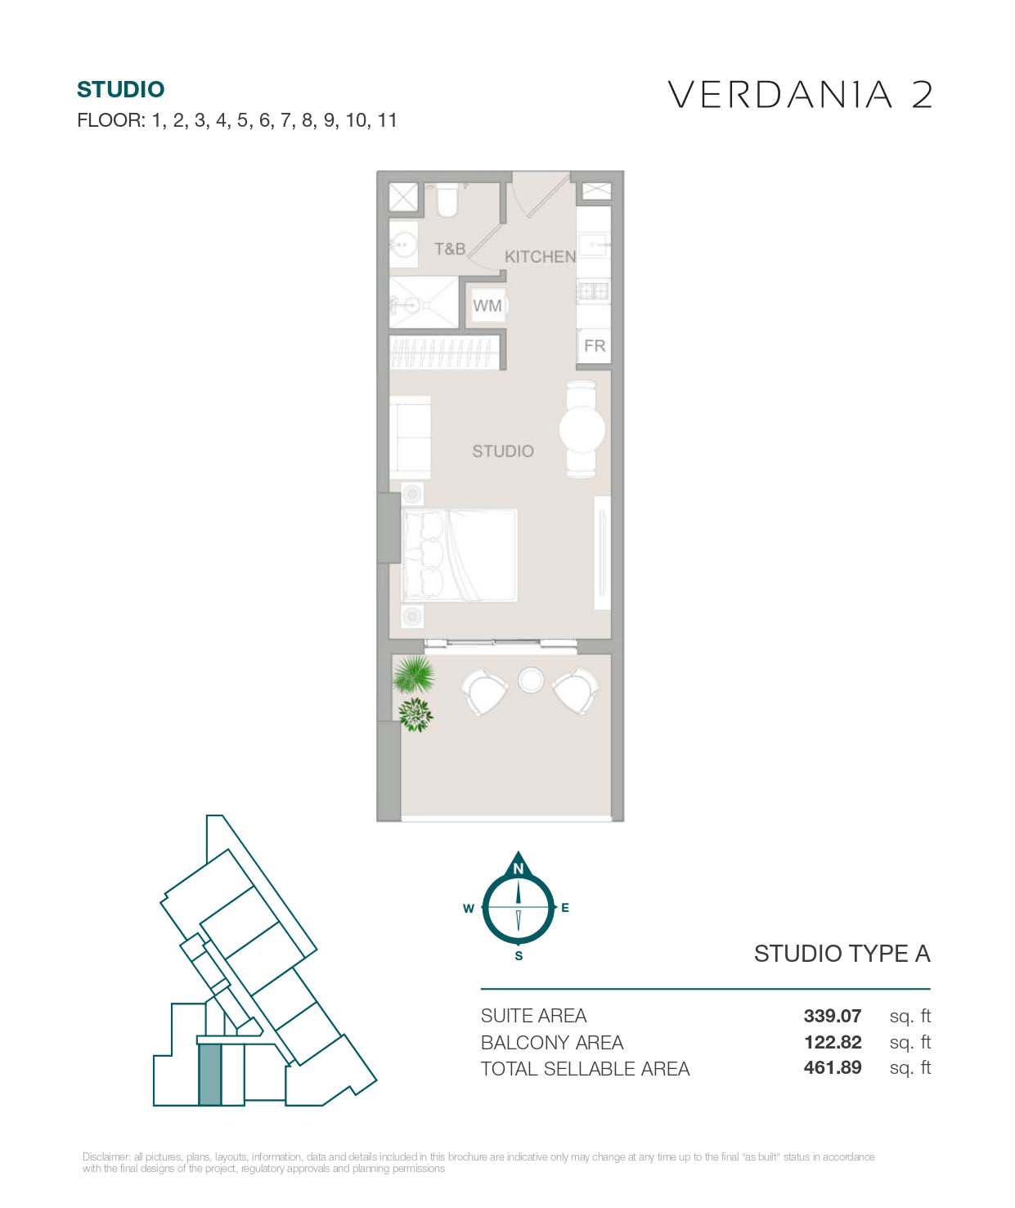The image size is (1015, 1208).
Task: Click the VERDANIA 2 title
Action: point(800,95)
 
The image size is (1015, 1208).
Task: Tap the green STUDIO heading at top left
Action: point(120,89)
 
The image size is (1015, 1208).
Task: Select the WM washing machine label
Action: point(487,306)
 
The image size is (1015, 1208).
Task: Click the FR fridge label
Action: point(595,346)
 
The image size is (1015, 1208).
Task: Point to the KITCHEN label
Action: point(540,257)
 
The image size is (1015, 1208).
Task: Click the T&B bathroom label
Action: point(449,249)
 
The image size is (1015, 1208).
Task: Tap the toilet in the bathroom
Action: point(447,200)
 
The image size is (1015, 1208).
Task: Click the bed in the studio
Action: point(460,555)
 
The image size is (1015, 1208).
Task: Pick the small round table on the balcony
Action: point(531,680)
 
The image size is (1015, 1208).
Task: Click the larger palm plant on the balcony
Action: point(414,676)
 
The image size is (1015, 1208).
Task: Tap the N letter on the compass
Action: point(518,869)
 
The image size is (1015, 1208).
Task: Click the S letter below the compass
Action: point(519,956)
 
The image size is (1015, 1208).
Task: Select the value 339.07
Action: point(832,1016)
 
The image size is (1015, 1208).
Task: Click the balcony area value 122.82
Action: point(832,1042)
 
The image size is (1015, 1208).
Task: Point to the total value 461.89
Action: point(832,1067)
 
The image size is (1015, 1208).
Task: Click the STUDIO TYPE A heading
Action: point(842,954)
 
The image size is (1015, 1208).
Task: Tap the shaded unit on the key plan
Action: point(210,1075)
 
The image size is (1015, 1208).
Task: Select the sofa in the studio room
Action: point(410,438)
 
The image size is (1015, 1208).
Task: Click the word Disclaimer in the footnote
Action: point(106,1156)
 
